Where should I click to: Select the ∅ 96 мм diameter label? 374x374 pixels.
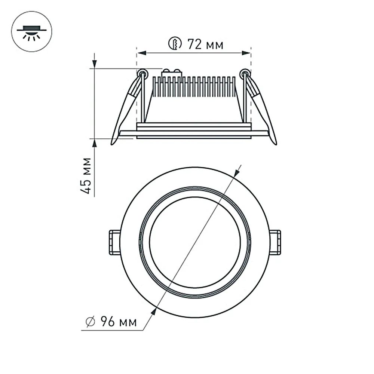click(x=111, y=321)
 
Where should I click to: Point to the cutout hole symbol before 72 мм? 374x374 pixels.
click(x=174, y=44)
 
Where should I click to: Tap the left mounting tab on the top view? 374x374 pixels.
click(x=114, y=242)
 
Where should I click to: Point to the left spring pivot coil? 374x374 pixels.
click(x=141, y=73)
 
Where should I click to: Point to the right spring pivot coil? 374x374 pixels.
click(x=245, y=73)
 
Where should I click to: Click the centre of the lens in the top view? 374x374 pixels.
click(x=194, y=242)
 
